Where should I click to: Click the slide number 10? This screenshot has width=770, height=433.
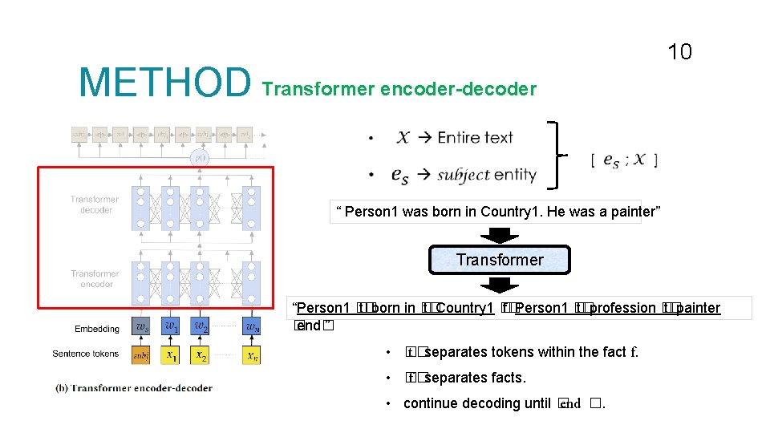[679, 53]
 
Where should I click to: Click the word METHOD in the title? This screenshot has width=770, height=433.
[164, 83]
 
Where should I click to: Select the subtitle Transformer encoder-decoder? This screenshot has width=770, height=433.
[399, 89]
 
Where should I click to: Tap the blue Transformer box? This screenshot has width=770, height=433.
[499, 260]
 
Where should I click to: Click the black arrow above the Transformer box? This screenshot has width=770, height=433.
[499, 234]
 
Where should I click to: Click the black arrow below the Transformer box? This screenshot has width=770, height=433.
[499, 285]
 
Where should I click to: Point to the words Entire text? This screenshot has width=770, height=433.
[475, 137]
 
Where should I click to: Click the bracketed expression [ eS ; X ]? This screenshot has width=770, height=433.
[624, 160]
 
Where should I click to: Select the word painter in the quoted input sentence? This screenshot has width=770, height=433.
[631, 212]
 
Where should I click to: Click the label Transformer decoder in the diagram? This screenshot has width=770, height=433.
[95, 204]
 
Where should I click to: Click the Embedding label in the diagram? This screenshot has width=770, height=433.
[97, 329]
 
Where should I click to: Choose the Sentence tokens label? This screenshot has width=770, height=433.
[86, 354]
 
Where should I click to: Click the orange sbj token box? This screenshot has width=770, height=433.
[141, 354]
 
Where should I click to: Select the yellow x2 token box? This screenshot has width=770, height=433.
[200, 354]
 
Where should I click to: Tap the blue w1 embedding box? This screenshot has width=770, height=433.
[170, 328]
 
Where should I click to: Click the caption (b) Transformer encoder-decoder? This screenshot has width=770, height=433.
[134, 388]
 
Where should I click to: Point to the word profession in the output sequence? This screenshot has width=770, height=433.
[622, 308]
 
